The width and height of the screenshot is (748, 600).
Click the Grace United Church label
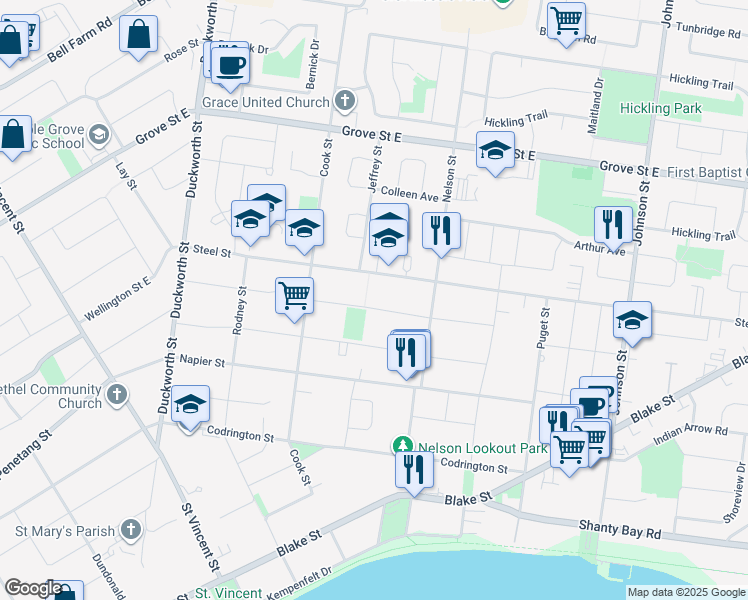point(265,102)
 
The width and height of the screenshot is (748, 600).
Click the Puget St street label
point(545,330)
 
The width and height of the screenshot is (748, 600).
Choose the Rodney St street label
point(241,311)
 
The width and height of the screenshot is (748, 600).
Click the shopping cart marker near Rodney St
point(294,295)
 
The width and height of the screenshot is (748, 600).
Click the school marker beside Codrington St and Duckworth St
point(190,404)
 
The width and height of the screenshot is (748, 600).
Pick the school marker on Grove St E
point(495,150)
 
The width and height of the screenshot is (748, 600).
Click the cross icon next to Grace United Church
point(345,101)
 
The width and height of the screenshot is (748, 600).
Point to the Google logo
point(32,588)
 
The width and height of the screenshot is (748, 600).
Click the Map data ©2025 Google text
point(686,592)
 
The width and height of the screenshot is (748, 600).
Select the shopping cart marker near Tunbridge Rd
point(566,19)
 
